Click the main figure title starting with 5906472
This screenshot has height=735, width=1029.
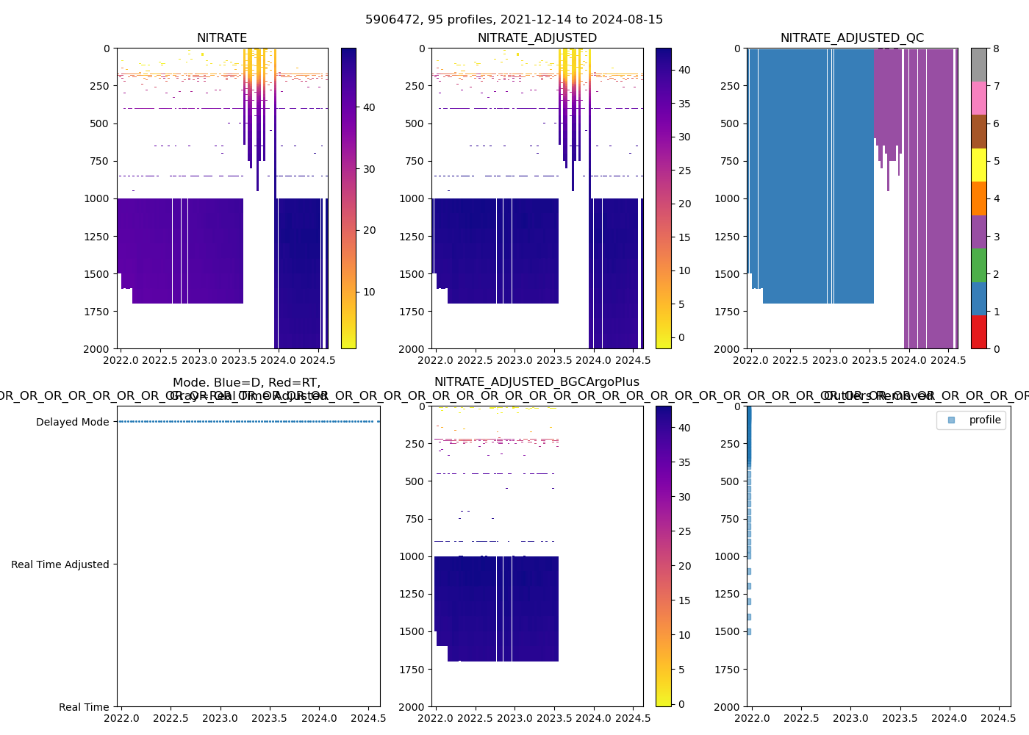514,20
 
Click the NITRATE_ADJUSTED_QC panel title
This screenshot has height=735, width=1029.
852,38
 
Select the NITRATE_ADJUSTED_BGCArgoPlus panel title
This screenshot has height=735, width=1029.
537,382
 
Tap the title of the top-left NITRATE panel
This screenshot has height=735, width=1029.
222,38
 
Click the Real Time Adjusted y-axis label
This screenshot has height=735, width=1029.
60,564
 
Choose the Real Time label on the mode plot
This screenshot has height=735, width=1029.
84,707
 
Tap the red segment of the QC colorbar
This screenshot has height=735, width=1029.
978,332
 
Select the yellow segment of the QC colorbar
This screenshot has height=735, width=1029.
978,165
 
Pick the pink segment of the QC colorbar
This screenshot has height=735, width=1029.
978,98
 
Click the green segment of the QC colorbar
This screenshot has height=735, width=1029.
978,265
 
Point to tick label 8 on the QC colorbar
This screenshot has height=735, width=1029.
996,49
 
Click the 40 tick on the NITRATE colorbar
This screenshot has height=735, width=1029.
368,107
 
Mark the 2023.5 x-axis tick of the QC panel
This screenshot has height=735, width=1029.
870,360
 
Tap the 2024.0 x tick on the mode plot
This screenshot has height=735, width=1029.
319,718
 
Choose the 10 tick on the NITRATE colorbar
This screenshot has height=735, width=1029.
368,292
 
